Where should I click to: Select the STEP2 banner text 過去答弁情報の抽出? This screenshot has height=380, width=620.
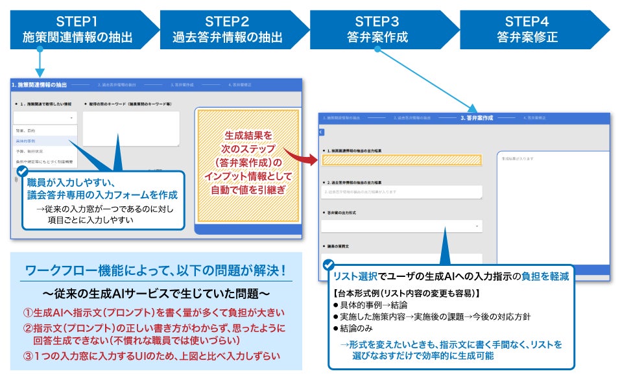point(226,37)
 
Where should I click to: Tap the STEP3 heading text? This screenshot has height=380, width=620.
point(377,20)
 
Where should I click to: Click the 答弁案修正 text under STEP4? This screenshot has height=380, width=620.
point(527,37)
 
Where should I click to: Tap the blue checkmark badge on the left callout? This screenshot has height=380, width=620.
point(22,171)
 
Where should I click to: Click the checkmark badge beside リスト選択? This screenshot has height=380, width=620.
point(329,265)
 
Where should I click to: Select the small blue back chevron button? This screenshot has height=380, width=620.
point(321,132)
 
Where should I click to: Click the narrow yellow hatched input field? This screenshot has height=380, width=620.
point(402,160)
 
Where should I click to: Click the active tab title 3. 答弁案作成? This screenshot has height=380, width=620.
point(477,118)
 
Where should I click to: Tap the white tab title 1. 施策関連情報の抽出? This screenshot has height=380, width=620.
point(39,84)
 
